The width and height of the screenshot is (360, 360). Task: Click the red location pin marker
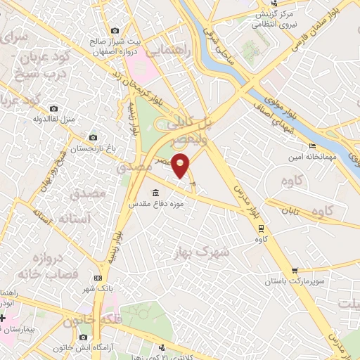click(181, 166)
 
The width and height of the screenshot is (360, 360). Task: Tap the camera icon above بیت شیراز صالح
click(115, 30)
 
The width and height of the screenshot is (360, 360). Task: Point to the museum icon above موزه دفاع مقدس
click(156, 193)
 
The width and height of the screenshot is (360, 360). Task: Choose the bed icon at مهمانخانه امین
click(312, 146)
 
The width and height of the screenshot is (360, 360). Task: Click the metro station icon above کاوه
click(261, 228)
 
